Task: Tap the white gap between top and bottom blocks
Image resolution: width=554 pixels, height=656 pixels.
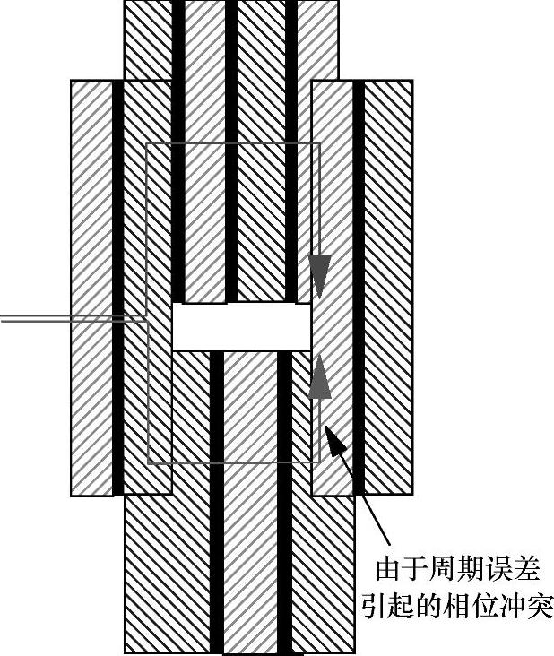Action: pos(240,326)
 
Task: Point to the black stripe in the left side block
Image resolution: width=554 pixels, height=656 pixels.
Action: pos(117,287)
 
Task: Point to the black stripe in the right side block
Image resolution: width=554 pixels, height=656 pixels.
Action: pos(359,287)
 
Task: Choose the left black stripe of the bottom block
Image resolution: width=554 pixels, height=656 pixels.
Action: pos(216,502)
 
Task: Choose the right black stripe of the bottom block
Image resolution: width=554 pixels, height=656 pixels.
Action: pos(284,502)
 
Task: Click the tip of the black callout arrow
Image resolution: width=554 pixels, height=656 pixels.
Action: pos(327,429)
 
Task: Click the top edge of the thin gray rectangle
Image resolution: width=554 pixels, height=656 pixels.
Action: pos(233,143)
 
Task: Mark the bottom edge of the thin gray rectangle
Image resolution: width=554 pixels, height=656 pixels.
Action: pos(233,462)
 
